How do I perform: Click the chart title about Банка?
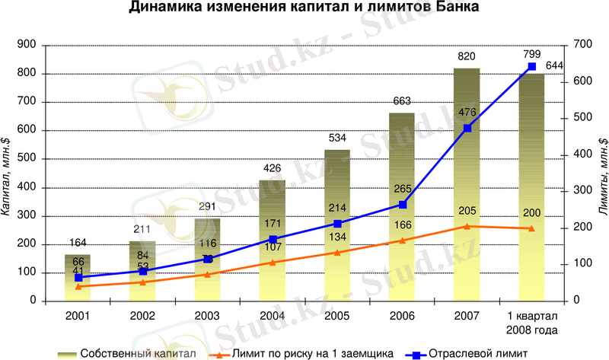[304, 9]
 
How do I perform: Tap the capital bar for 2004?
[272, 244]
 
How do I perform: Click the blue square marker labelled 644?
[532, 67]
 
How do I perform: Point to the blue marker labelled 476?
[467, 128]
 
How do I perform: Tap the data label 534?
[336, 138]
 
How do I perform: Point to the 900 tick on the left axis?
[26, 46]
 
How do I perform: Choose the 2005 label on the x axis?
[336, 315]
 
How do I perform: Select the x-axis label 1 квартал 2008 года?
[532, 323]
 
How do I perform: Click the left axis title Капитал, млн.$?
[7, 174]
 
